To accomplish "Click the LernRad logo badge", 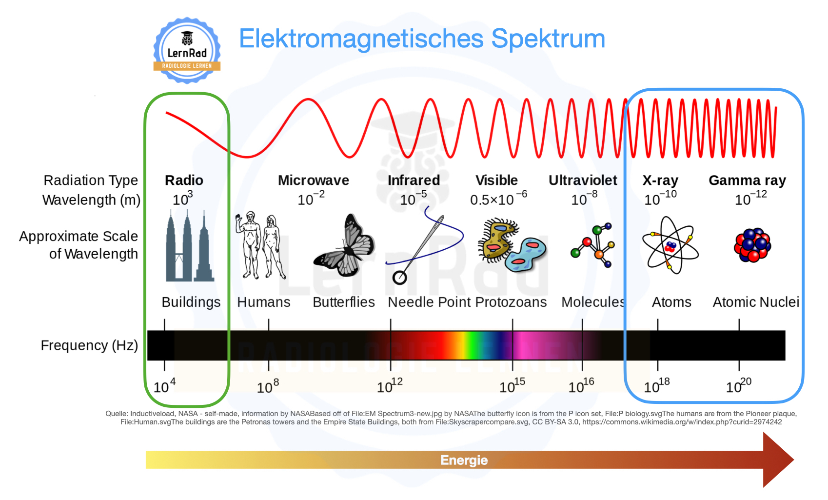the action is pos(187,50).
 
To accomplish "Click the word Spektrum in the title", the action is pos(548,39).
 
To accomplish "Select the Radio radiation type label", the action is pos(184,180).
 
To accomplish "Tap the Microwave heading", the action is pos(314,180).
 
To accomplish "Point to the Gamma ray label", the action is pos(747,181).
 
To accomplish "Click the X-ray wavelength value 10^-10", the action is pos(660,198).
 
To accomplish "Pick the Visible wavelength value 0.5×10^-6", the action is pos(498,198).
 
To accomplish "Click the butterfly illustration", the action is pos(344,245).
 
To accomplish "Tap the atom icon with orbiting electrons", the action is pos(670,245).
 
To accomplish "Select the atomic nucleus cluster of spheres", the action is pos(752,245).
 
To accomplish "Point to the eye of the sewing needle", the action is pos(399,278).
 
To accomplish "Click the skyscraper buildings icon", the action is pos(189,245).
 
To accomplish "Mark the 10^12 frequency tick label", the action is pos(390,385).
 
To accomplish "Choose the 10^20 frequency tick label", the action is pos(739,385).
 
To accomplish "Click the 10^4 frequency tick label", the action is pos(164,385).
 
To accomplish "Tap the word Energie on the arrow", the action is pos(464,460).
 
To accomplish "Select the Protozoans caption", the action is pos(511,302).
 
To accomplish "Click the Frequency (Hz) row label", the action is pos(89,345).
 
